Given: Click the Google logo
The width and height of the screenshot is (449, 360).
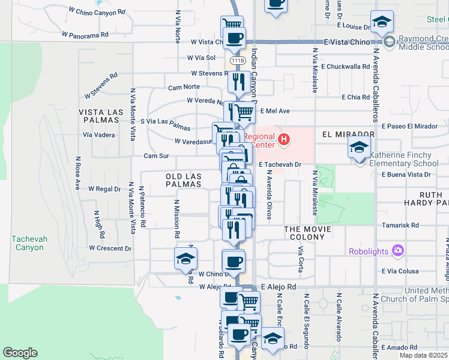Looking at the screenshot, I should (20, 353).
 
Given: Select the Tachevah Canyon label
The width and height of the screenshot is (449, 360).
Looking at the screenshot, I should (28, 243).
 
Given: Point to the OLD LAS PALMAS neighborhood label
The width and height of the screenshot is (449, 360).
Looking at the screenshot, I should (183, 180).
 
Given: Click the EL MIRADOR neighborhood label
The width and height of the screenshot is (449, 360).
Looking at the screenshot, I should (348, 134).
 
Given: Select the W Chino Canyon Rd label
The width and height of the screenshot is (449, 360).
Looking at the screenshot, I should (97, 11).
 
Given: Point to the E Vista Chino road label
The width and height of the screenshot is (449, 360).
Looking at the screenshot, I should (349, 42).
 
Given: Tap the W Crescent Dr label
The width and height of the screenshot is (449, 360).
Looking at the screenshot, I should (110, 248).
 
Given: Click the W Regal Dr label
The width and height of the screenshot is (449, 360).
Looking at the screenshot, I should (104, 189).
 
